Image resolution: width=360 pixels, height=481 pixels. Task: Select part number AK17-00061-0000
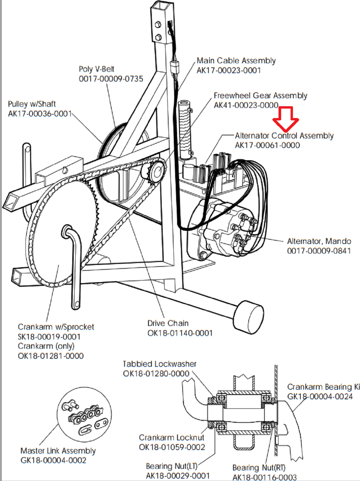(x=267, y=145)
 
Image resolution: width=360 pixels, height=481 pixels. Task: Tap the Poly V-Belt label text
(x=97, y=69)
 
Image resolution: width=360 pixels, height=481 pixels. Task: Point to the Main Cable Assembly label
(x=236, y=61)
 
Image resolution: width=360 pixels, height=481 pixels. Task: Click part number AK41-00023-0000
(x=246, y=105)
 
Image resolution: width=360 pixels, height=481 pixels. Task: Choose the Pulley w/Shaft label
(x=32, y=104)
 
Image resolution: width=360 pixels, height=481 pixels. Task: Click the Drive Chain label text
(x=168, y=323)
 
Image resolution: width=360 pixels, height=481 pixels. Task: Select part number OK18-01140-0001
(x=180, y=333)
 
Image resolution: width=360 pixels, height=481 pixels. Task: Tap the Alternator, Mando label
(x=319, y=241)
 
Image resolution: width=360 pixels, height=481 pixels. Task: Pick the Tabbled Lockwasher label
(x=159, y=364)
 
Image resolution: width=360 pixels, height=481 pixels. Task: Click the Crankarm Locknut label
(x=171, y=438)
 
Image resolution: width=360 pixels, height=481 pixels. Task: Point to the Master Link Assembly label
(x=58, y=451)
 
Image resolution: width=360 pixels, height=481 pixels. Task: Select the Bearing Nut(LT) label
(x=172, y=466)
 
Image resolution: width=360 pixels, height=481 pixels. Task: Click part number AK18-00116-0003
(x=265, y=477)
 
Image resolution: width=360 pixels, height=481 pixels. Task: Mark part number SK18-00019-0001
(x=49, y=337)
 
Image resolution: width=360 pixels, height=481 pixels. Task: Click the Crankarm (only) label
(x=46, y=346)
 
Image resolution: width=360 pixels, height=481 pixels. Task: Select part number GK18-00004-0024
(x=320, y=397)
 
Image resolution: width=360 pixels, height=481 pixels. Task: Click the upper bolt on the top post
(x=158, y=24)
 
